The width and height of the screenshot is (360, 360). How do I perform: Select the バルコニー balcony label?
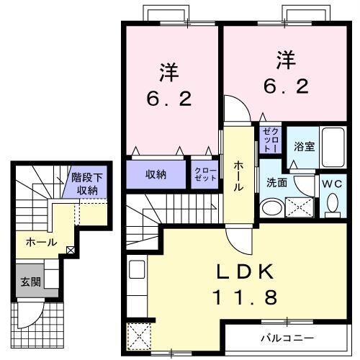click(287, 337)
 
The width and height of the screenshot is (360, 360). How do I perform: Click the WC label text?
click(333, 184)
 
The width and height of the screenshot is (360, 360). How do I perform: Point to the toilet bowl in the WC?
click(333, 206)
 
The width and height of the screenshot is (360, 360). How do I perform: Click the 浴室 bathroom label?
click(304, 146)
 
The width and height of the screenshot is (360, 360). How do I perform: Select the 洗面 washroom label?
click(277, 183)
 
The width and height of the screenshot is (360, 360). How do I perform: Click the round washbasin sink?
click(272, 209)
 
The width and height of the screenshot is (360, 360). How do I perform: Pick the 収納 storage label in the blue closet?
click(156, 174)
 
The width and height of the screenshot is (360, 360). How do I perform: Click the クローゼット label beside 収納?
click(204, 174)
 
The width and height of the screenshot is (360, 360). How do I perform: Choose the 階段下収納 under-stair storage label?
click(87, 184)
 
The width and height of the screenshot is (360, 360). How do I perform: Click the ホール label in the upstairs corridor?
click(238, 174)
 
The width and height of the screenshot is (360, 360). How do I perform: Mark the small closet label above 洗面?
click(269, 138)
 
